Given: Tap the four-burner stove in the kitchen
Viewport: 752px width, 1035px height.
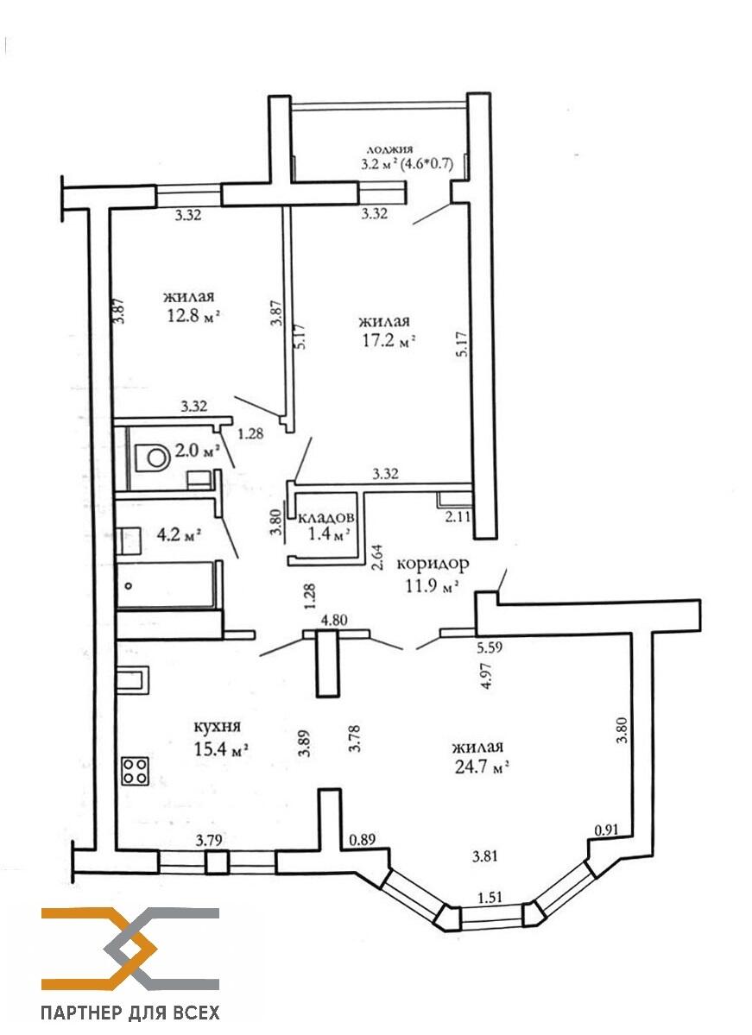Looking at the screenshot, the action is tap(135, 770).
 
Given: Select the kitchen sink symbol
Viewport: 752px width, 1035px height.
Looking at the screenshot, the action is tap(133, 680).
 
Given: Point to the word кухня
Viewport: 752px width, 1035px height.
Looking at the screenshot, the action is tap(217, 726).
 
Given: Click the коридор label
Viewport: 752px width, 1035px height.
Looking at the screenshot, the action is tap(433, 564).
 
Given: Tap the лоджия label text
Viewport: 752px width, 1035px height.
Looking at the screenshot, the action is tap(389, 149).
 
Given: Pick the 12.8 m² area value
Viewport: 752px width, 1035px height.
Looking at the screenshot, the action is tap(193, 315).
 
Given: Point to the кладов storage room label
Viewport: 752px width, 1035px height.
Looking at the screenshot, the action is tap(327, 517).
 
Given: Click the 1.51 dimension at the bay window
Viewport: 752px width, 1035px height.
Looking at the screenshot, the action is tap(490, 897).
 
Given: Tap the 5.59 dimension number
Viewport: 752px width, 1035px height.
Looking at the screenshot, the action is tap(490, 647).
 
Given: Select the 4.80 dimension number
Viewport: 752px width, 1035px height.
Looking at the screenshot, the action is tap(334, 620).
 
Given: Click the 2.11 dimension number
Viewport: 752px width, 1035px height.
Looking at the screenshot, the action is tap(458, 516).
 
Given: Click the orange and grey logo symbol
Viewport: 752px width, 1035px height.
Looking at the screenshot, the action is tap(130, 950).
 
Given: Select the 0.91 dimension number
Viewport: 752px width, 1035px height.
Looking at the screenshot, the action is tap(607, 830).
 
